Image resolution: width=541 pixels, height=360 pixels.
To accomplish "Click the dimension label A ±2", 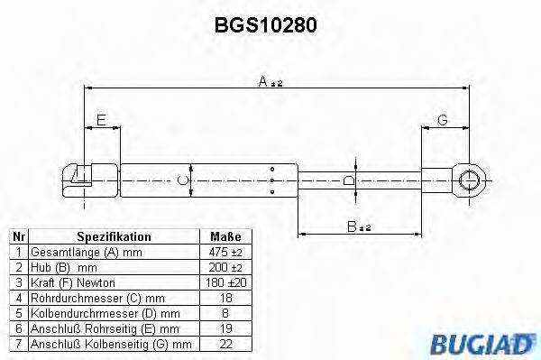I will point(270,83).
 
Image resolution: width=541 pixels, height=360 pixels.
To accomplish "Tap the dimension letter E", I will point(100,120).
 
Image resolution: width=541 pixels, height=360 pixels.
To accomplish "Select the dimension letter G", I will point(442,120).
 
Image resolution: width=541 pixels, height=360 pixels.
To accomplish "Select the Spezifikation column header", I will point(114,236).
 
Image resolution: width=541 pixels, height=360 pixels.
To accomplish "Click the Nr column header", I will point(17,236).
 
